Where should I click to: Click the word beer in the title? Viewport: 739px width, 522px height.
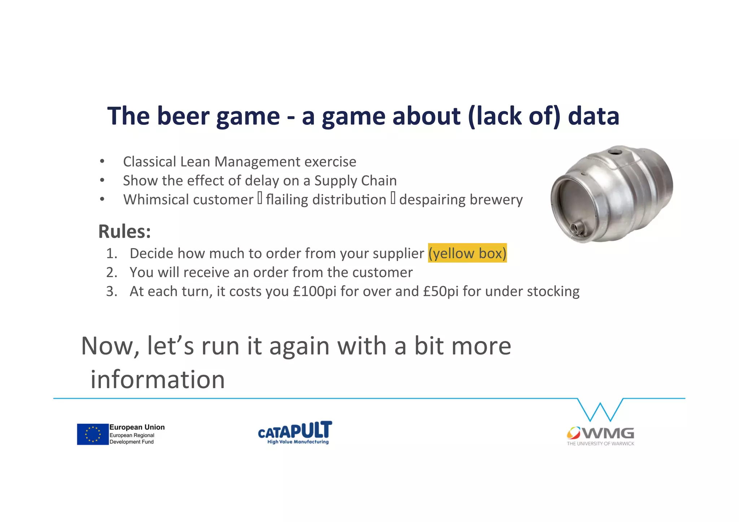(x=183, y=116)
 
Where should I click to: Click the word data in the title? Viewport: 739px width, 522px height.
(x=593, y=116)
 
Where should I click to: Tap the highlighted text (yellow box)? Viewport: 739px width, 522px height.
(x=467, y=253)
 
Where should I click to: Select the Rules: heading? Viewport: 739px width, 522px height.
(x=124, y=231)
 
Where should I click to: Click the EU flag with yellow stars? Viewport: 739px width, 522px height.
(x=93, y=434)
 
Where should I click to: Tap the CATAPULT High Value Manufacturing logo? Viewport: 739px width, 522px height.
(x=295, y=433)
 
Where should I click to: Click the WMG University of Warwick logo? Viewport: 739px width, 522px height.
(x=600, y=436)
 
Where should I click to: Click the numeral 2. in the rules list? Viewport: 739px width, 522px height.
(x=111, y=272)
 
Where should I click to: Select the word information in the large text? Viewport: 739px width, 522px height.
(x=157, y=380)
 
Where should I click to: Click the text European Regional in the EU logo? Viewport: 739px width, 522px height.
(x=132, y=435)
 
